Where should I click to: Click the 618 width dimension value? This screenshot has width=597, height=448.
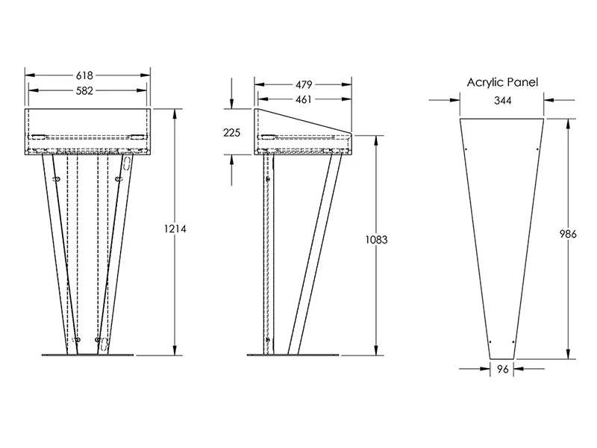pyautogui.click(x=84, y=75)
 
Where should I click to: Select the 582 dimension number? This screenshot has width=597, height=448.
pyautogui.click(x=84, y=90)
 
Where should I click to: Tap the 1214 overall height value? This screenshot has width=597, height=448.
pyautogui.click(x=175, y=228)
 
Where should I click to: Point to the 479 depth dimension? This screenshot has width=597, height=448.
pyautogui.click(x=304, y=84)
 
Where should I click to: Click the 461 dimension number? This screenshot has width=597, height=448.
pyautogui.click(x=304, y=99)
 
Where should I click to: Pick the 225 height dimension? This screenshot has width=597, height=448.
pyautogui.click(x=232, y=133)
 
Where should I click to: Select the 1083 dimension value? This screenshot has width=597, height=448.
pyautogui.click(x=377, y=240)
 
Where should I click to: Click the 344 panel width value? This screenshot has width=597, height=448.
pyautogui.click(x=502, y=101)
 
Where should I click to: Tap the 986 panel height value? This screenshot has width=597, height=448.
pyautogui.click(x=568, y=234)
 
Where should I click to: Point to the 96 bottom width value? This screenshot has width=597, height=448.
pyautogui.click(x=503, y=369)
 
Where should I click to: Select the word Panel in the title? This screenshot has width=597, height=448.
pyautogui.click(x=524, y=82)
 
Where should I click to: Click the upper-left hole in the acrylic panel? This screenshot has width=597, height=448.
pyautogui.click(x=466, y=149)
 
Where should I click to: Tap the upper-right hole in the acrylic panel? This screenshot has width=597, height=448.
pyautogui.click(x=537, y=149)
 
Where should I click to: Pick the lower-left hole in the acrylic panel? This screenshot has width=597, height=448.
pyautogui.click(x=490, y=342)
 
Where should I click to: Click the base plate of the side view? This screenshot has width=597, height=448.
pyautogui.click(x=293, y=355)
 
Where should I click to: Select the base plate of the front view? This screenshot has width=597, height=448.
pyautogui.click(x=87, y=355)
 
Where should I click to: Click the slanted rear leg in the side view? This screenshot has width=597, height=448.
pyautogui.click(x=315, y=255)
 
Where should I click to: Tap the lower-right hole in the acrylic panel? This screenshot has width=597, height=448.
pyautogui.click(x=513, y=342)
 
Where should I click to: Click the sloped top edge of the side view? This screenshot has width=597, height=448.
pyautogui.click(x=304, y=121)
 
